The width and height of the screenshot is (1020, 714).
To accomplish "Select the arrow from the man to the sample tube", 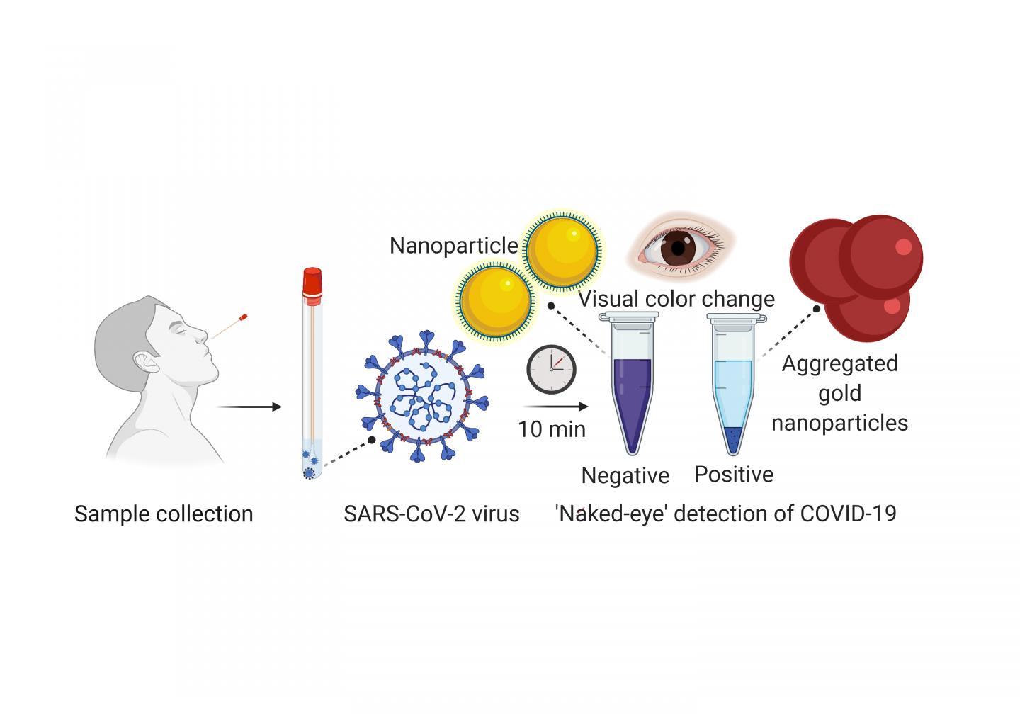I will click(249, 407).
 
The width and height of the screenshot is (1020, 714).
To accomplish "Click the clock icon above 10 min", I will click(551, 368).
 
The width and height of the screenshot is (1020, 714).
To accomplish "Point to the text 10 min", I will click(552, 429).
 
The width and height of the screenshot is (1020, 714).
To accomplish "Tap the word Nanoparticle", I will click(454, 246).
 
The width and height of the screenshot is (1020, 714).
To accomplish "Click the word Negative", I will click(625, 475).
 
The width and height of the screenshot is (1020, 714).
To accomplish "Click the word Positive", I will click(734, 474).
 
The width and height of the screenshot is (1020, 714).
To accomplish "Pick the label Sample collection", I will click(164, 514).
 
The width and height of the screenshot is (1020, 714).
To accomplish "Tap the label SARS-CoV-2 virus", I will click(431, 514).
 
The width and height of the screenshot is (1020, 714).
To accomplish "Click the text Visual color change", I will click(676, 299).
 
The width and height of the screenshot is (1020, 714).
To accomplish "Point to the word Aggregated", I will click(839, 363).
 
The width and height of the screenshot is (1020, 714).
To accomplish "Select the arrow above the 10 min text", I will click(555, 407).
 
